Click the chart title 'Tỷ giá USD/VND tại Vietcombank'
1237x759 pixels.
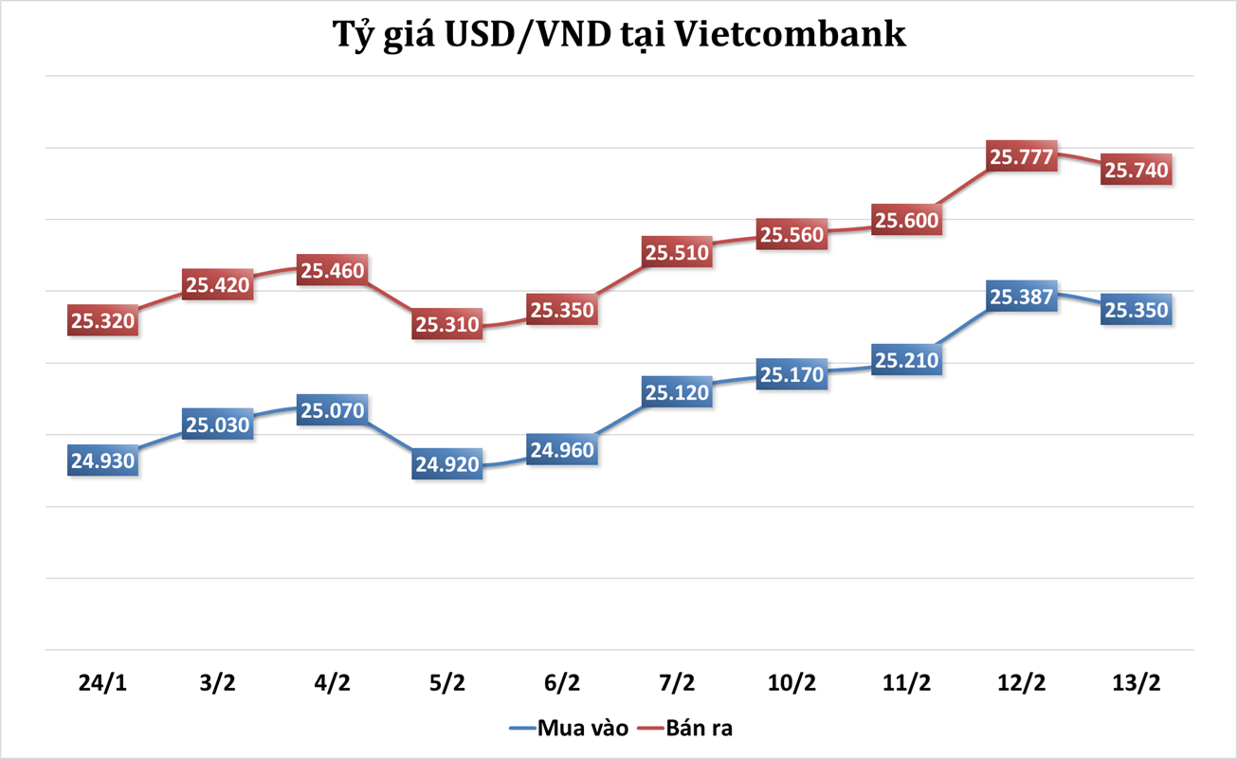(x=618, y=35)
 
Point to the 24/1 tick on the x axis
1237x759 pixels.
(x=102, y=682)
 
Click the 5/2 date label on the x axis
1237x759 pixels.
(x=446, y=682)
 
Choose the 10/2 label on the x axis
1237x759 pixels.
(x=791, y=682)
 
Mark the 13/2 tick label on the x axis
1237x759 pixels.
(x=1136, y=682)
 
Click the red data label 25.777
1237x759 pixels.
(x=1021, y=156)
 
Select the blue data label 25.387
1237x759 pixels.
(x=1021, y=297)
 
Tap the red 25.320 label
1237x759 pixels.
(x=102, y=320)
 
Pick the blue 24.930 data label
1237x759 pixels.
(x=102, y=461)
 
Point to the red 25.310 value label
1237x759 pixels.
(x=446, y=324)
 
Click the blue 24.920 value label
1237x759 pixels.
(x=446, y=464)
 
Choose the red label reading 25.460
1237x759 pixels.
(x=332, y=270)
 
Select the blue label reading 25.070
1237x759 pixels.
(x=332, y=411)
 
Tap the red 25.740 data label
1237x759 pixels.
(x=1137, y=170)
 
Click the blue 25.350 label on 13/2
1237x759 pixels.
(x=1137, y=310)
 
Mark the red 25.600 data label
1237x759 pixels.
(x=906, y=220)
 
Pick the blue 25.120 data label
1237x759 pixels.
(x=677, y=392)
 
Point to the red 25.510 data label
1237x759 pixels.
(x=677, y=252)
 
